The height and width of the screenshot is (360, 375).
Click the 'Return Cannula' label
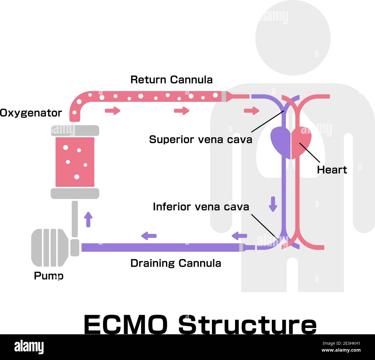171,80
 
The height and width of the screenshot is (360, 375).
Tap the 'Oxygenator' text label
31,113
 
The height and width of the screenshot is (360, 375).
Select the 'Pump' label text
48,276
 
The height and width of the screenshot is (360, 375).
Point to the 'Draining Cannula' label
175,263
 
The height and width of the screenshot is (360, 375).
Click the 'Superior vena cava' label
200,140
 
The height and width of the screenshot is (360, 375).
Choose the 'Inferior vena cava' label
201,207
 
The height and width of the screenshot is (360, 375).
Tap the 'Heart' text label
332,170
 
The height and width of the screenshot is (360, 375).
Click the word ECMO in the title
125,324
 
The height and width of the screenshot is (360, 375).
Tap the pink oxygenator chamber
75,162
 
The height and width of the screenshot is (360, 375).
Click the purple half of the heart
280,142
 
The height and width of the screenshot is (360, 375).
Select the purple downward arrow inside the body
273,204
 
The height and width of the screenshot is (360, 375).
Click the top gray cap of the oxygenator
75,130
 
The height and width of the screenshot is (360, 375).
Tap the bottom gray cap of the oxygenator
75,193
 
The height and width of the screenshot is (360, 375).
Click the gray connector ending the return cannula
224,96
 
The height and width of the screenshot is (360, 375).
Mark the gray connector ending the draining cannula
241,248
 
